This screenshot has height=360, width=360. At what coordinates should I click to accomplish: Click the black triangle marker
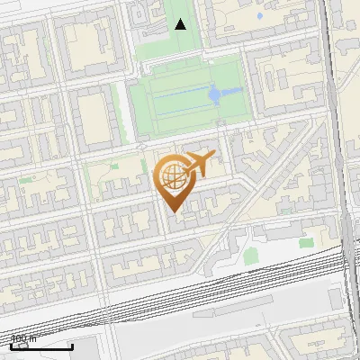[181, 24]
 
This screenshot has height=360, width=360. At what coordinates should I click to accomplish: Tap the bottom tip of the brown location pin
[172, 212]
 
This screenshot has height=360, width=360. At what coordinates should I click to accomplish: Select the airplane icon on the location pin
[199, 163]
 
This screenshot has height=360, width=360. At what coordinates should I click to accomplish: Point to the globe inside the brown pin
[170, 175]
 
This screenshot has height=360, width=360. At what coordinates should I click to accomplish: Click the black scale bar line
[41, 347]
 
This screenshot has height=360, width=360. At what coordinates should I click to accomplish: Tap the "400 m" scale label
[23, 339]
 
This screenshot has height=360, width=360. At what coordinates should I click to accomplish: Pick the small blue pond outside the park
[259, 16]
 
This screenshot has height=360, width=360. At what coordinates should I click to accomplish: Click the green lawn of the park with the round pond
[171, 103]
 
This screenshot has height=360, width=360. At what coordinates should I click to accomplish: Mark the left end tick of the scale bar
[11, 346]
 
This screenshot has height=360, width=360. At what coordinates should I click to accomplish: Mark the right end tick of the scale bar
[73, 346]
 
